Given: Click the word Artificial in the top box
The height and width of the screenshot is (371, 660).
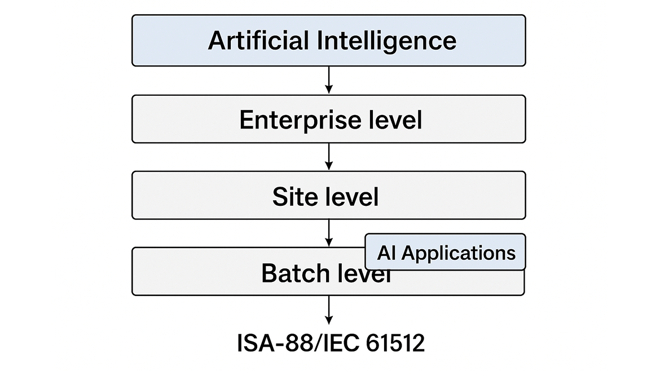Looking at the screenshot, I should [259, 41].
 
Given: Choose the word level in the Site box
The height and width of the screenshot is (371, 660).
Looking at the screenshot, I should [353, 197].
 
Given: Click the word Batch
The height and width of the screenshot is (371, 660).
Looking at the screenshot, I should [296, 273].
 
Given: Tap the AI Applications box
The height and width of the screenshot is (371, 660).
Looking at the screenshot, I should [445, 252].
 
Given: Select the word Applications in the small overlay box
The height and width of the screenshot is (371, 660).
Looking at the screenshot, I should [459, 253].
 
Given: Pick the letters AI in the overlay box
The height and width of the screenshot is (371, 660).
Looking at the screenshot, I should [386, 253].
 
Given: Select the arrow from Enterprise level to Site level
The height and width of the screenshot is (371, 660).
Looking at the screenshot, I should [329, 157].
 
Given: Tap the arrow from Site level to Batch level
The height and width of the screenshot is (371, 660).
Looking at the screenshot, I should [329, 233].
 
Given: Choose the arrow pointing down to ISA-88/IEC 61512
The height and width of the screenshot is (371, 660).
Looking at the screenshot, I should [329, 310].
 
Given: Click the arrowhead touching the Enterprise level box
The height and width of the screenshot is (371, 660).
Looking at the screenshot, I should [329, 90].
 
